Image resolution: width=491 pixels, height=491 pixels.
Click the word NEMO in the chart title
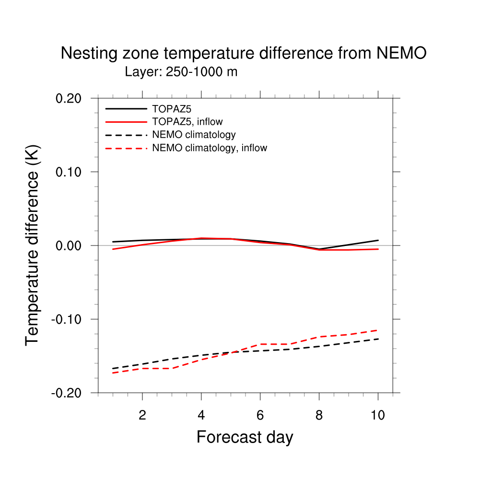pos(401,53)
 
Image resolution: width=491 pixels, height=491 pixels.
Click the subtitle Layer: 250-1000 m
pos(181,72)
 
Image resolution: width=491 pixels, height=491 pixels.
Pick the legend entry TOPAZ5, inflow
pos(187,122)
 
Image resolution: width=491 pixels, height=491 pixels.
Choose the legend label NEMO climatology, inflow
pos(210,148)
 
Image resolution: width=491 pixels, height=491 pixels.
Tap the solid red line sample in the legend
pos(126,122)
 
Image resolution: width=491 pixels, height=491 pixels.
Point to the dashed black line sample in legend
pos(126,135)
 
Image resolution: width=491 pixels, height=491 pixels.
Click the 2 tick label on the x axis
pos(142,415)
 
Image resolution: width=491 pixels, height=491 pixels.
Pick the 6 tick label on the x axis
pos(260,415)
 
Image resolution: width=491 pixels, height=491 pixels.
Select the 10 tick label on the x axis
pos(378,415)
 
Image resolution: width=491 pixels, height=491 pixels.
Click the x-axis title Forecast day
pos(245,437)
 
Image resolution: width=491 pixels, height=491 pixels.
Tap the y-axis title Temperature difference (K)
pos(33,245)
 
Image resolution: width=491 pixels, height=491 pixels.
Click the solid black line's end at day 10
pos(378,240)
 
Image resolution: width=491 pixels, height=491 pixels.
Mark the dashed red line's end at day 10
pos(378,330)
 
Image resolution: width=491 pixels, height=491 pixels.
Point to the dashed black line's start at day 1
pos(113,369)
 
